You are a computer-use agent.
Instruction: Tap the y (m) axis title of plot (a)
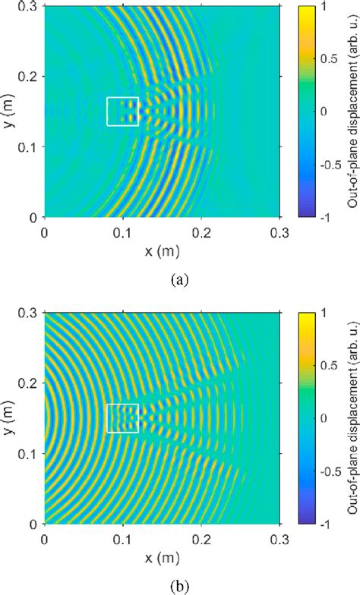[9, 111]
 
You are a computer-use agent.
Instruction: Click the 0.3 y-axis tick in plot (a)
[30, 7]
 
